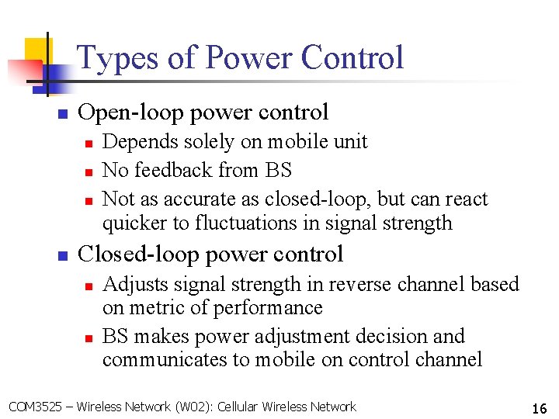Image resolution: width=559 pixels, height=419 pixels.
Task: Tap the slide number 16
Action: (x=539, y=408)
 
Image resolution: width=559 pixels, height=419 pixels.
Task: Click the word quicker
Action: (x=131, y=223)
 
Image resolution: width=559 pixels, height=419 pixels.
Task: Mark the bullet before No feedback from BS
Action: (x=89, y=171)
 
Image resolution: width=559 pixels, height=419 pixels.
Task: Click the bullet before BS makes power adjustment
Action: (x=89, y=338)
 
